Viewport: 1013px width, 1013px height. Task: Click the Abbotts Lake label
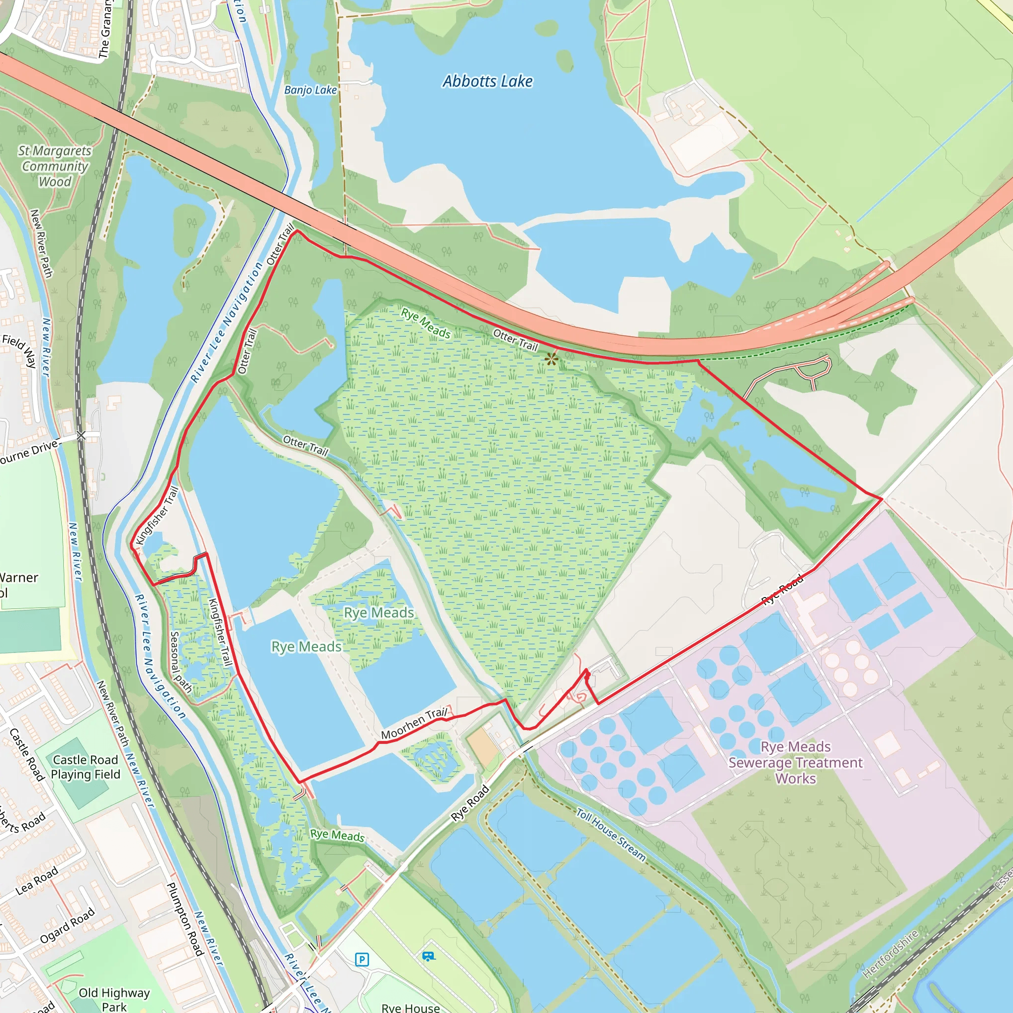point(487,81)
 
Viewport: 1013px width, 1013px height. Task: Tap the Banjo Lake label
point(311,90)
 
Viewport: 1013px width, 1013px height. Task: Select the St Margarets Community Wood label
point(54,166)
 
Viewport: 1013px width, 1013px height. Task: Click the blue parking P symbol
point(362,960)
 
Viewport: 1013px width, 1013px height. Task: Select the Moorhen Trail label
point(414,724)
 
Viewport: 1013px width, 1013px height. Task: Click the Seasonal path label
point(181,662)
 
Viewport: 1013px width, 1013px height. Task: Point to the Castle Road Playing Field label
point(86,767)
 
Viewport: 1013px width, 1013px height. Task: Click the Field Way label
point(19,350)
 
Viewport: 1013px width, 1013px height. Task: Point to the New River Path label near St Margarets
point(42,243)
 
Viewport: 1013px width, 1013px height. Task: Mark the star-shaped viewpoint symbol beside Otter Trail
point(551,359)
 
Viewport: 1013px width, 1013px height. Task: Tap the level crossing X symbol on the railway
point(81,435)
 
